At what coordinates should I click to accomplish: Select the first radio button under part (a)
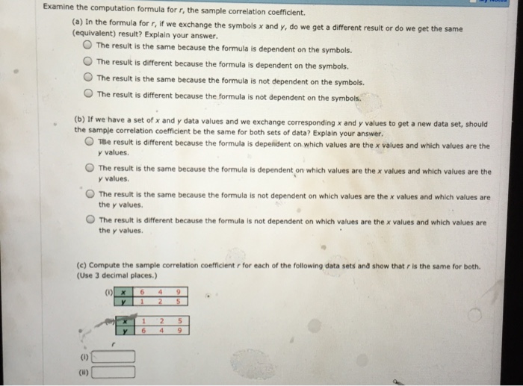tap(87, 46)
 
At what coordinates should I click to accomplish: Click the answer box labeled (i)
tap(114, 356)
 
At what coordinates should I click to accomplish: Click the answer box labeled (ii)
tap(114, 370)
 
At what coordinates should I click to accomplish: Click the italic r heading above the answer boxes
tap(112, 343)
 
